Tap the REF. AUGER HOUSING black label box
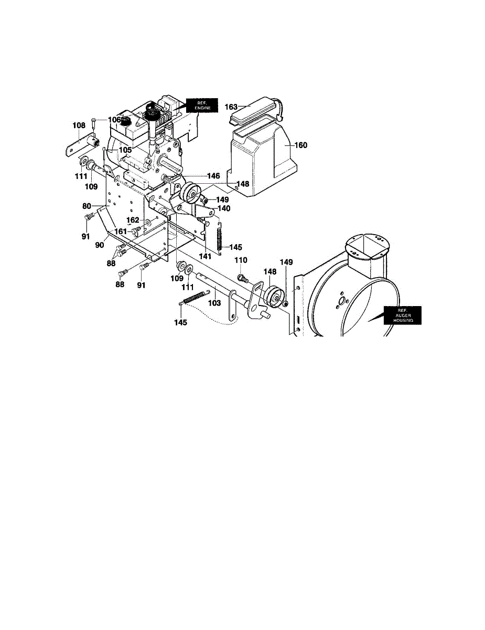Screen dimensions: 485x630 tap(403, 315)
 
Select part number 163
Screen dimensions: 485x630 tap(231, 107)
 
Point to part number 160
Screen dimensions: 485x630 tap(301, 145)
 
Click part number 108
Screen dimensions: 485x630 tap(79, 125)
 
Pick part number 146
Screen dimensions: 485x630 tap(213, 176)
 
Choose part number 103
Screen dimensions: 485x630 tap(214, 303)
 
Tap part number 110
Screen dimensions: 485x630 tap(241, 260)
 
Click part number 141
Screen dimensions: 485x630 tap(205, 257)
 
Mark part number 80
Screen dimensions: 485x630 tap(87, 206)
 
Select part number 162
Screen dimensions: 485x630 tap(133, 220)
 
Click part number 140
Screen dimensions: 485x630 tap(224, 208)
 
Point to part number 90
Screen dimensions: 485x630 tap(99, 245)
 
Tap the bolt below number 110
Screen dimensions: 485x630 tap(243, 279)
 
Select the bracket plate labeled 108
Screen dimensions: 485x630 tap(82, 145)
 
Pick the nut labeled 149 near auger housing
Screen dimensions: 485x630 tap(285, 304)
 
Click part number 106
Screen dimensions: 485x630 tap(114, 120)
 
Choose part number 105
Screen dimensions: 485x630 tap(125, 150)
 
